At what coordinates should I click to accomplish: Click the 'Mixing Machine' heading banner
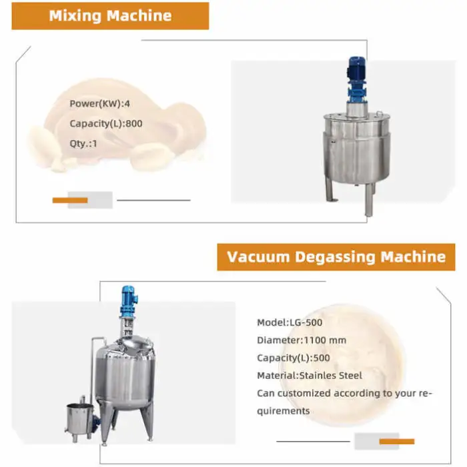click(x=110, y=16)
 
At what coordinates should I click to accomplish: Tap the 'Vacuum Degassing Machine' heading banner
click(x=336, y=257)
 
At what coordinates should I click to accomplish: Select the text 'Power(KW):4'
click(x=99, y=103)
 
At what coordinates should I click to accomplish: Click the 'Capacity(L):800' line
click(x=105, y=123)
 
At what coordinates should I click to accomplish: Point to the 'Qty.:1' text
click(x=83, y=143)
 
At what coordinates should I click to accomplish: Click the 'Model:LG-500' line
click(x=290, y=322)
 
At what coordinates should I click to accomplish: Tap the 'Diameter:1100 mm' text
click(x=302, y=340)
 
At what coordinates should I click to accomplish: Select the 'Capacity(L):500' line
click(x=294, y=358)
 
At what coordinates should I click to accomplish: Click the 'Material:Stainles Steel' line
click(x=310, y=376)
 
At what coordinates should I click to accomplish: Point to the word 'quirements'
click(x=284, y=411)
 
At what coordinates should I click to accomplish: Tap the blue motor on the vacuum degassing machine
click(x=129, y=302)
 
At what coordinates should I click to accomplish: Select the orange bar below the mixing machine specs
click(x=70, y=200)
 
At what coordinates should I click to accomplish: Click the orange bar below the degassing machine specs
click(x=397, y=442)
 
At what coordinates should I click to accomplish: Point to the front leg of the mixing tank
click(x=369, y=199)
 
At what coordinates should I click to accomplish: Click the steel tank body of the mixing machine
click(x=356, y=148)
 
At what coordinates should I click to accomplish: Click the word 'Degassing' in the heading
click(x=335, y=257)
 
